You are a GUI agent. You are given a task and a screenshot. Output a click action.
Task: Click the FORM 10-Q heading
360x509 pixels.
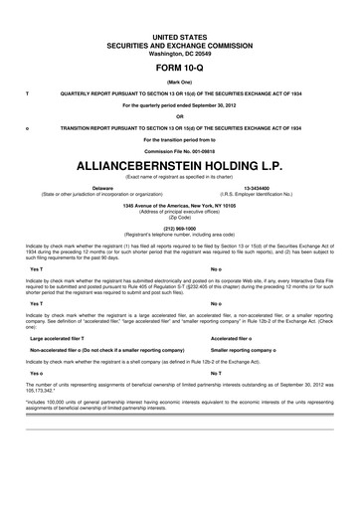pos(179,57)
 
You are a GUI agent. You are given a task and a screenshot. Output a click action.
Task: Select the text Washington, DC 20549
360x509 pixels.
pos(179,43)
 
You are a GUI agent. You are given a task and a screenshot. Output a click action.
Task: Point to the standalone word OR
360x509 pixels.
pos(179,115)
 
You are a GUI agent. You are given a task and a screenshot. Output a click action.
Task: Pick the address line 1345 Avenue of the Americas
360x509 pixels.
pos(179,205)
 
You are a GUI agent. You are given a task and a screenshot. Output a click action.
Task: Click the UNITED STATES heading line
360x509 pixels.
pos(179,27)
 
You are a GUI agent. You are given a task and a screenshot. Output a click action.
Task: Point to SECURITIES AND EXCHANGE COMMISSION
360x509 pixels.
pos(179,35)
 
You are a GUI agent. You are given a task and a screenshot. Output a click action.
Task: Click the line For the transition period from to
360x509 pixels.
pos(179,137)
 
